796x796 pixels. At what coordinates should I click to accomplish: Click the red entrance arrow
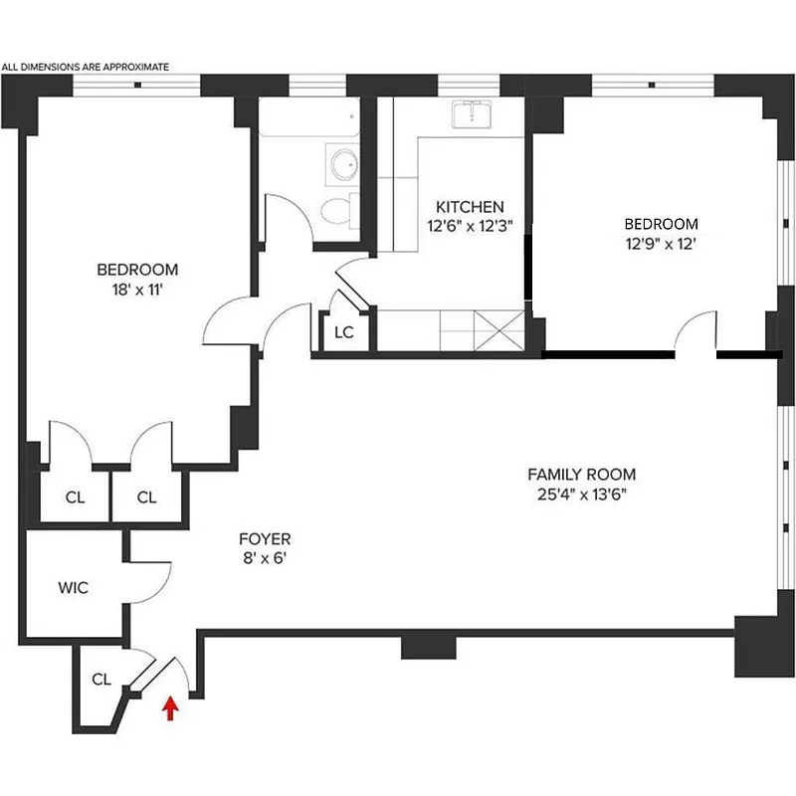[x=170, y=706]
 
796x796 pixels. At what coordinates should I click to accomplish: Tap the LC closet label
[x=343, y=332]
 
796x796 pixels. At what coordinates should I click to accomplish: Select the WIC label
[x=74, y=588]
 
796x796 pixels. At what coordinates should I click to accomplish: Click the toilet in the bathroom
[x=335, y=208]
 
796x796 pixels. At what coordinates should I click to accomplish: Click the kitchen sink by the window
[x=468, y=115]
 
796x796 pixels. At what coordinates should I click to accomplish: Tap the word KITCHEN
[x=467, y=207]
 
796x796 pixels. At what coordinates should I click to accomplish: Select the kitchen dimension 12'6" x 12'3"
[x=467, y=226]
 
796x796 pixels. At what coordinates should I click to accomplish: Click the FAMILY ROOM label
[x=581, y=475]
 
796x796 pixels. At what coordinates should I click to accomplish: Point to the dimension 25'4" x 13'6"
[x=581, y=495]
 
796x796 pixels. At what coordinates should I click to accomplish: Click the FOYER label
[x=265, y=539]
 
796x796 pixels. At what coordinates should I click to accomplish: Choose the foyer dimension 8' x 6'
[x=265, y=558]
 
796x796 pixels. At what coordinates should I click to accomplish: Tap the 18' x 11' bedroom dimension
[x=137, y=290]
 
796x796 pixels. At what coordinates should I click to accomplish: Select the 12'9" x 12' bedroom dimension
[x=661, y=243]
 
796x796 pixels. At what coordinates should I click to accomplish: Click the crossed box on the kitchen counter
[x=497, y=327]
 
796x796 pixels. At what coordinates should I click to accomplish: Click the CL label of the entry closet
[x=100, y=680]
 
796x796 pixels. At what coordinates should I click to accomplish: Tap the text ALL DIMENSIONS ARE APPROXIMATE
[x=86, y=68]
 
